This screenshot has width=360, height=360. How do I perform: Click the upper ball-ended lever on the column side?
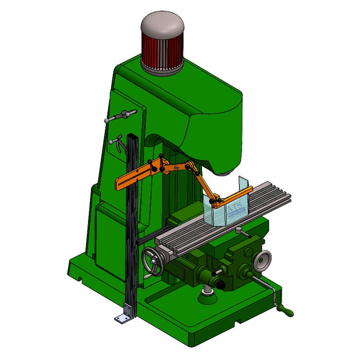[120, 116]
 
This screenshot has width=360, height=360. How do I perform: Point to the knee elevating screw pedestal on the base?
[207, 291]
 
